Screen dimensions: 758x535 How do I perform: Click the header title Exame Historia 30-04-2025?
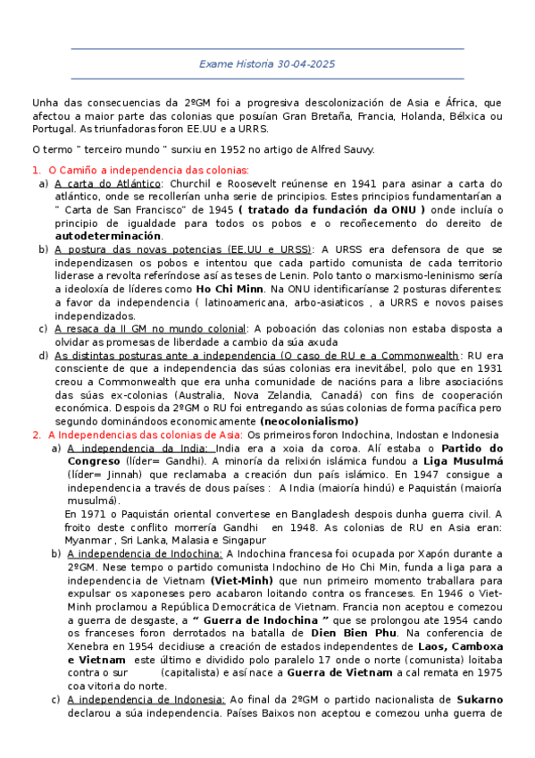click(267, 64)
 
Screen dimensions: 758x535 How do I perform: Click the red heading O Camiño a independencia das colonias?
click(148, 170)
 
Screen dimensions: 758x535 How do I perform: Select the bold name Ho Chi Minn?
click(229, 290)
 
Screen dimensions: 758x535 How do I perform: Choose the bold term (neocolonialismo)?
click(309, 421)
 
